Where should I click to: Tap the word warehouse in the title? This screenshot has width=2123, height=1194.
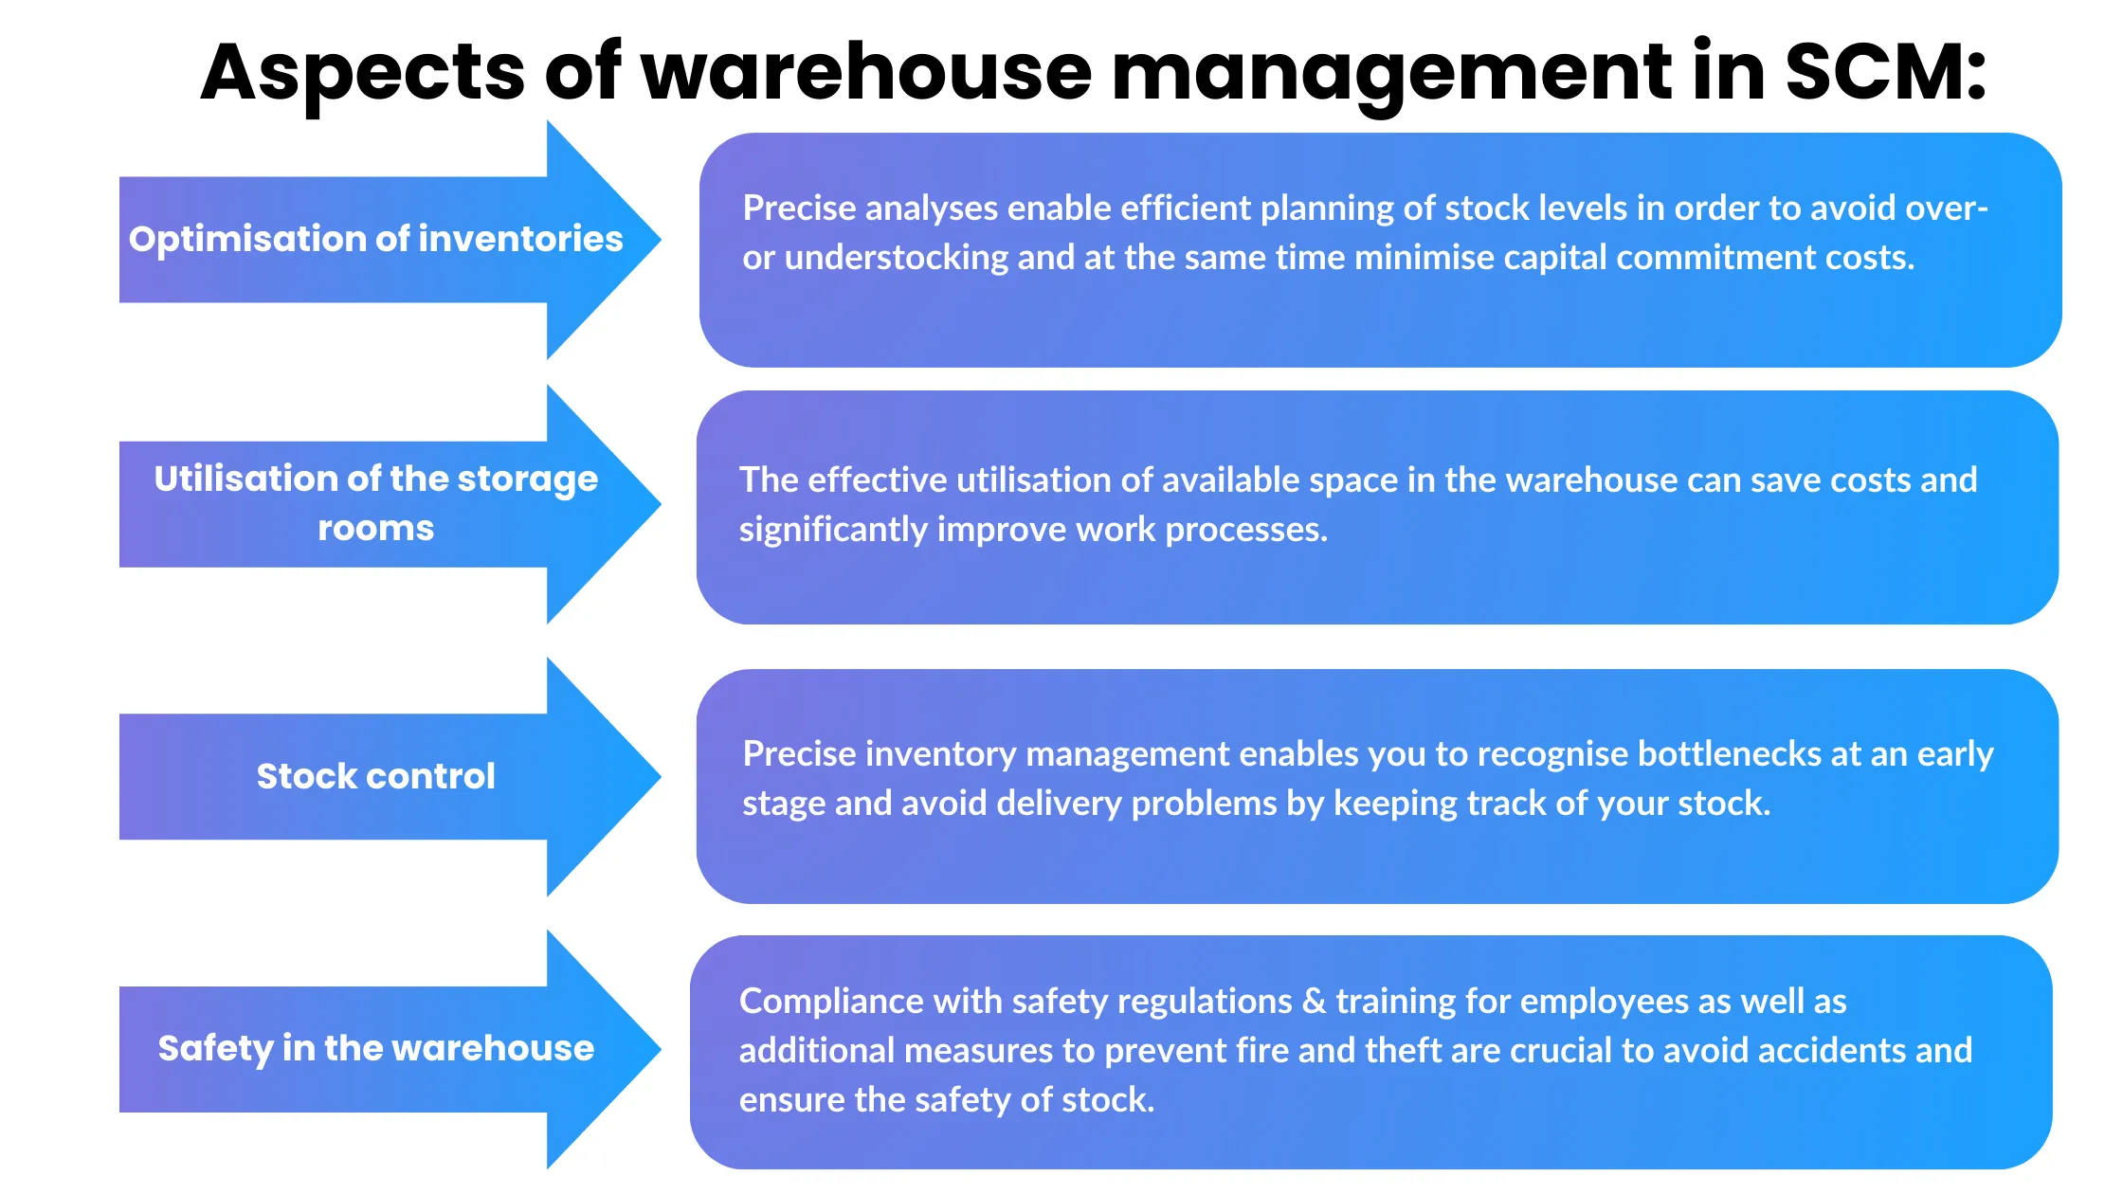click(866, 72)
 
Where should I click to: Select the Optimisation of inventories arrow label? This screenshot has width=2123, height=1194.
click(375, 239)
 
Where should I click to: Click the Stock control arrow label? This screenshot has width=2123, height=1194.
click(375, 776)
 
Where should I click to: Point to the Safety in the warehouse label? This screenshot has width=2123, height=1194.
click(375, 1048)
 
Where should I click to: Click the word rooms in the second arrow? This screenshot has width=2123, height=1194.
click(375, 528)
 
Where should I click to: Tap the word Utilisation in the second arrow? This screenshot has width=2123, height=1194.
click(246, 479)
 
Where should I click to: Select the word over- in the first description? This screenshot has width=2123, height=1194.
click(1951, 208)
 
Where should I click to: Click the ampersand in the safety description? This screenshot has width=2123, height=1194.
click(1314, 1002)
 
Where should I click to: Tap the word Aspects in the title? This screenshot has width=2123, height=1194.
click(362, 74)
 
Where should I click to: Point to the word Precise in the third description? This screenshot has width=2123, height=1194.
click(799, 754)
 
